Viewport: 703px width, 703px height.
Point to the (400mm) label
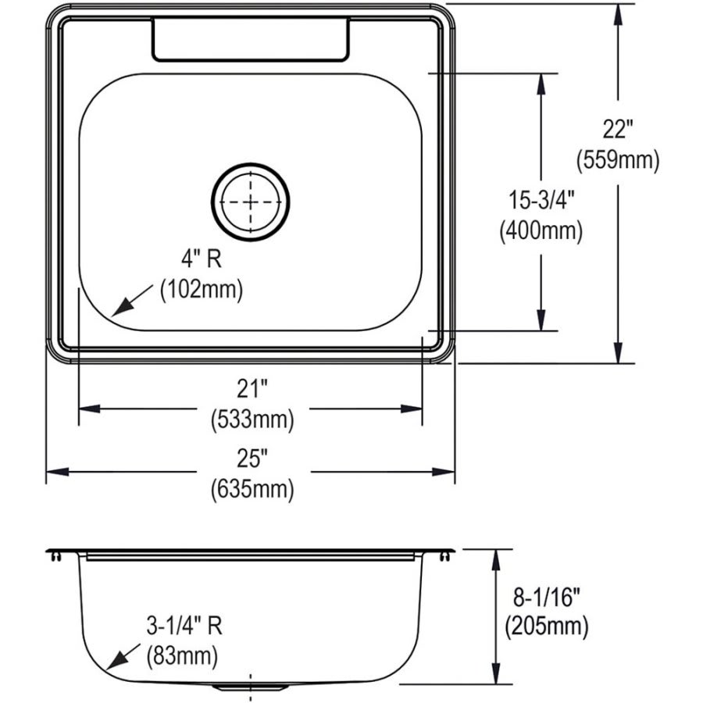pos(541,230)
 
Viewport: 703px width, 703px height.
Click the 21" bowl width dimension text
pos(252,388)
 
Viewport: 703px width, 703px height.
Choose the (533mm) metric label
pos(252,420)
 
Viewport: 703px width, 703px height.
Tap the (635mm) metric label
pos(252,490)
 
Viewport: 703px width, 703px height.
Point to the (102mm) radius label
pos(201,290)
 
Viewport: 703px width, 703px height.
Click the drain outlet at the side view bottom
pos(251,688)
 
